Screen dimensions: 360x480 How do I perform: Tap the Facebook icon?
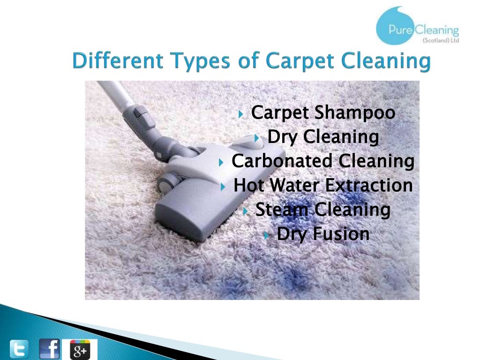(x=49, y=349)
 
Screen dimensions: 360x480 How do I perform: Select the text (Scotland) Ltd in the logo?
(x=440, y=40)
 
